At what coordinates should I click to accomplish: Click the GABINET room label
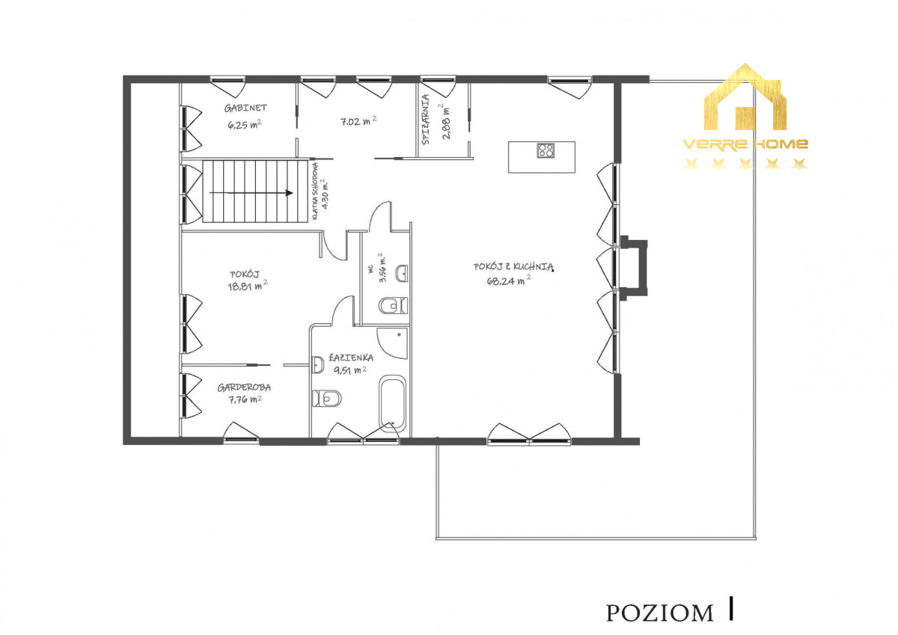pos(245,108)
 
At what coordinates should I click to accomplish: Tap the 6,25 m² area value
pos(245,124)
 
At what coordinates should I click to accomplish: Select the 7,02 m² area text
pos(358,121)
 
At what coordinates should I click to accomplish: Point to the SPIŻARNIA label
pos(425,119)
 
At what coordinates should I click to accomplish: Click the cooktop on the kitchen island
pos(546,150)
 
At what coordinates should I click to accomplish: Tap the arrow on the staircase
pos(251,193)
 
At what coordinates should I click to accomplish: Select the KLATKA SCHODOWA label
pos(316,191)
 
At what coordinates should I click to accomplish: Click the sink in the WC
pos(402,274)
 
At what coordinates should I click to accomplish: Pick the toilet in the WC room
pos(394,306)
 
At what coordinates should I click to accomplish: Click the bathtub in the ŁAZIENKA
pos(392,404)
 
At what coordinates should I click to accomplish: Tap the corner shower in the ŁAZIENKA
pos(392,343)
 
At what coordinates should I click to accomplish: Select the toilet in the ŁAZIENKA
pos(327,398)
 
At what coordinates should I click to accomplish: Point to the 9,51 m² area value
pos(350,370)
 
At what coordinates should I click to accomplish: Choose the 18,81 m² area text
pos(248,286)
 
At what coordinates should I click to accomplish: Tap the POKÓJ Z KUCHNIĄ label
pos(513,266)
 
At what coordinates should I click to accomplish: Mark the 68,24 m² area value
pos(509,280)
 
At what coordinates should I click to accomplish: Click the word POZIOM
pos(660,613)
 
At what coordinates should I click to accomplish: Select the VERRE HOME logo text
pos(745,144)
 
